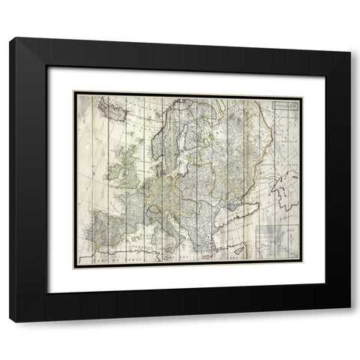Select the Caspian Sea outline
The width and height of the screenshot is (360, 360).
284,190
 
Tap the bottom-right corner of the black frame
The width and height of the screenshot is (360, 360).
350,322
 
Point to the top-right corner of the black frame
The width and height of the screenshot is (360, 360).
350,37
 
